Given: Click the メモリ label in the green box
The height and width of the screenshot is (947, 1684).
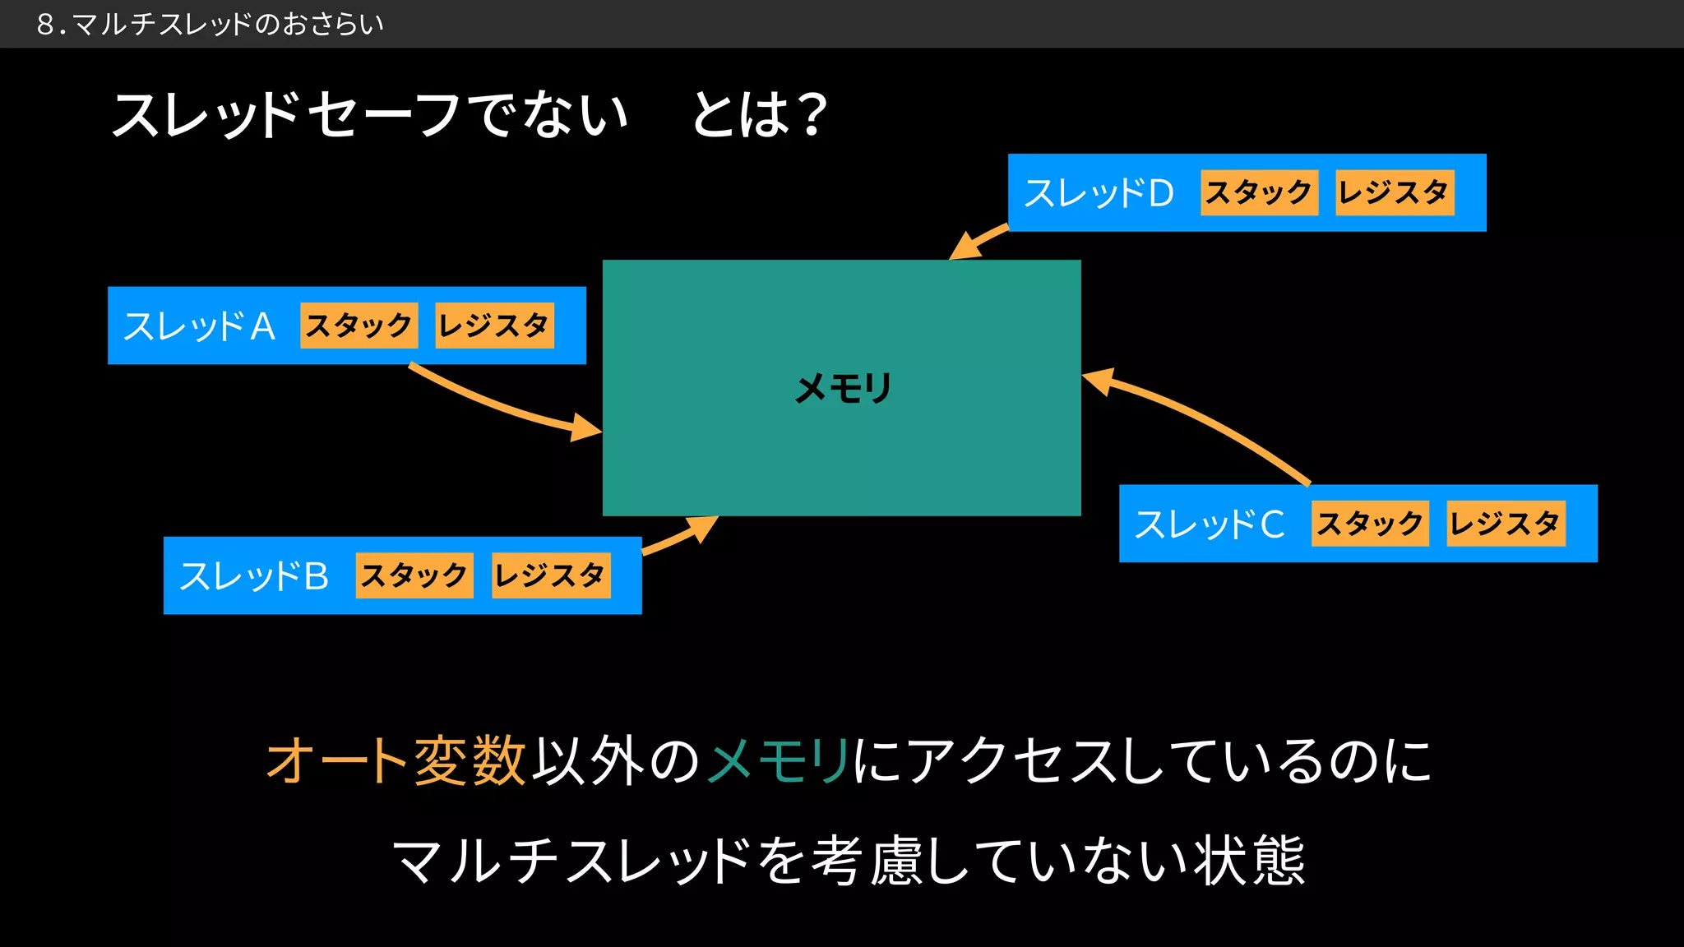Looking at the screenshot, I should (x=843, y=388).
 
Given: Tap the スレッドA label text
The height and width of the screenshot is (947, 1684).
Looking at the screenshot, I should (x=199, y=326).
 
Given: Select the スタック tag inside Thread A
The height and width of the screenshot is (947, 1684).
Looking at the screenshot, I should (x=359, y=326).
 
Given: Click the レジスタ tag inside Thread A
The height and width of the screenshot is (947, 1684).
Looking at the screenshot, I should (x=494, y=326).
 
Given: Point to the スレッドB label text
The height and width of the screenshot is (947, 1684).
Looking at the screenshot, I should (x=254, y=576).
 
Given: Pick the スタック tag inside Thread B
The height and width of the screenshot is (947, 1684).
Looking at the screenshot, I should (x=414, y=575).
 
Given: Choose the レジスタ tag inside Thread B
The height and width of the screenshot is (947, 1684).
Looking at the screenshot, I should (x=551, y=575).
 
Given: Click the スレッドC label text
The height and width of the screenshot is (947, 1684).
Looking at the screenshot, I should (x=1210, y=524).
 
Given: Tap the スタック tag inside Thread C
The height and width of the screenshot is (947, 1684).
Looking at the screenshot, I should (x=1370, y=524).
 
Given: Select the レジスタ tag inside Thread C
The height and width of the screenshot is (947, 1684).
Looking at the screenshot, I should (x=1506, y=524).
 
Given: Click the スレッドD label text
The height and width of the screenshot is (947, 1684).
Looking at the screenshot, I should (x=1099, y=194).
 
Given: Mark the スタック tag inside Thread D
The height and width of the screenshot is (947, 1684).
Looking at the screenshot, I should (x=1259, y=193).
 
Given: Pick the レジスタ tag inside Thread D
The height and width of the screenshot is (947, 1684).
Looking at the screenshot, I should (x=1395, y=193).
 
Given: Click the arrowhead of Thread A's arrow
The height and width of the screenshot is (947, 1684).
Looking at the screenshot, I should (x=587, y=428).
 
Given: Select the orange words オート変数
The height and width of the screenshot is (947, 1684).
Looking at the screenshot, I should (x=396, y=760).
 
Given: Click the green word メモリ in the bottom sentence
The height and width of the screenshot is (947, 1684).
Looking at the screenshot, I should (x=778, y=760).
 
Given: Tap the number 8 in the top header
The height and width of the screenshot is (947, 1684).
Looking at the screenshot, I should (x=46, y=25).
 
